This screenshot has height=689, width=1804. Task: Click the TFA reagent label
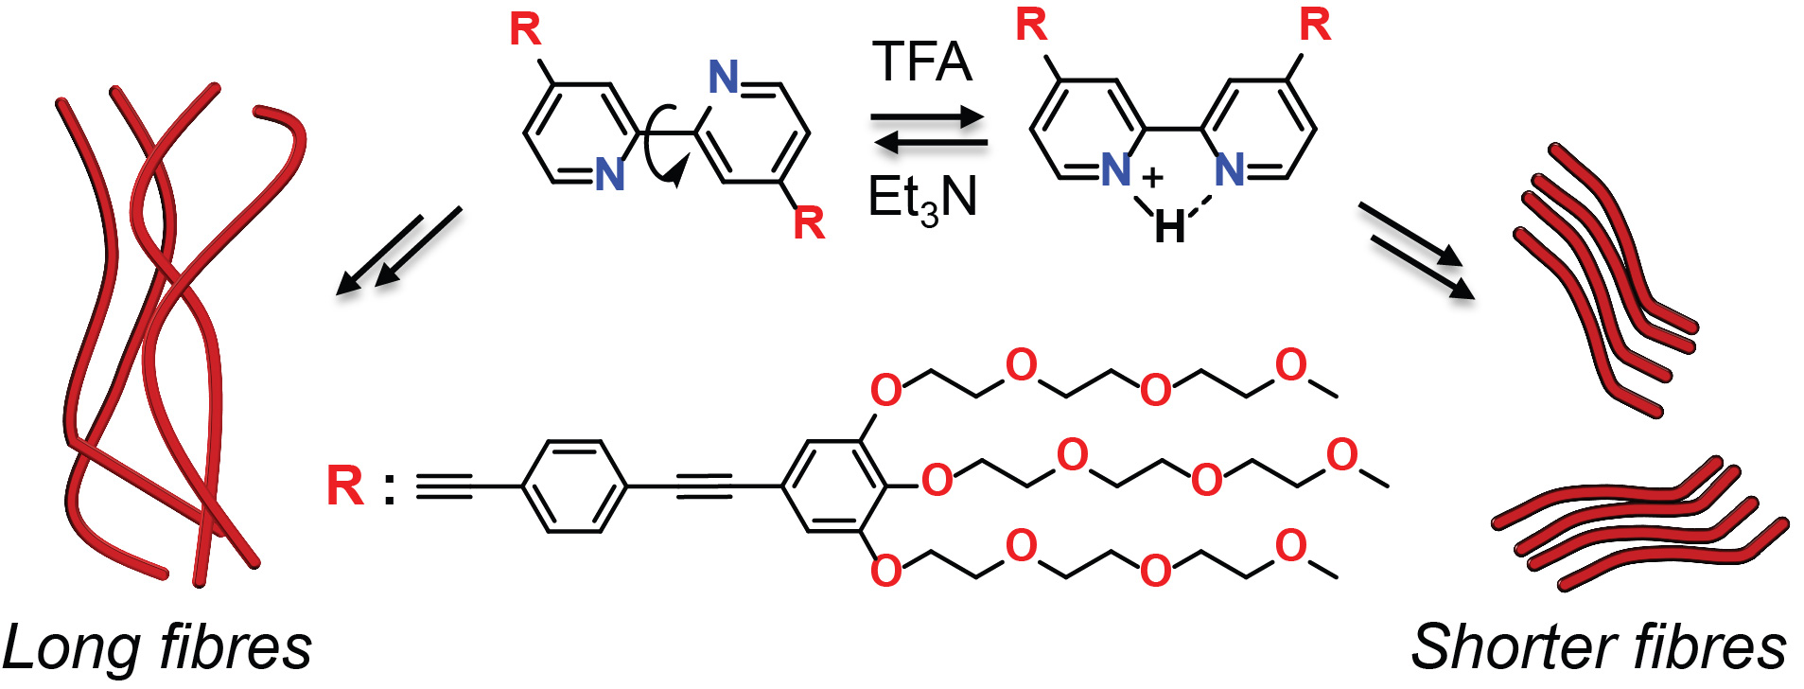921,62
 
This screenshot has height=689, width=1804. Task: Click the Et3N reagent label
921,199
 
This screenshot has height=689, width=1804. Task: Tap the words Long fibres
157,648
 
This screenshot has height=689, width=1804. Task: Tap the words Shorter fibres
1598,648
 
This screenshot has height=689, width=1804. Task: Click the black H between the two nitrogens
1169,227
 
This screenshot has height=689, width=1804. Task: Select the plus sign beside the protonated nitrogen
1152,177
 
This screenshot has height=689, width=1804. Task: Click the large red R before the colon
344,486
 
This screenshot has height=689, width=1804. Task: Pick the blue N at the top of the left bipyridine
724,77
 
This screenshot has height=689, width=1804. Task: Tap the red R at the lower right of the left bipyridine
809,223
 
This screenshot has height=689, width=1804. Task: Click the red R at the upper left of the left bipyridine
525,29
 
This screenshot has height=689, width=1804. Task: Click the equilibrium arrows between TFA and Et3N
928,131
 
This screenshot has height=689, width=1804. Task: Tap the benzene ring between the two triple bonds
574,486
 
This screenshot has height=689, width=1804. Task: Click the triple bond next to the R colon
444,486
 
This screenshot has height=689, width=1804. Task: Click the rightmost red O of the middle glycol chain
1342,455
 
